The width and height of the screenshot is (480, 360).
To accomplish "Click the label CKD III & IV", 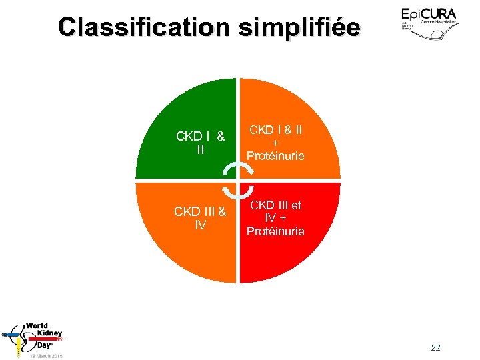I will (x=200, y=219).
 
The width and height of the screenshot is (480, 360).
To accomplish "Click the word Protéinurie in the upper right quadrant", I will (x=275, y=156).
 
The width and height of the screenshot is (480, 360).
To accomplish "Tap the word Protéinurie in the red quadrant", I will (x=275, y=231).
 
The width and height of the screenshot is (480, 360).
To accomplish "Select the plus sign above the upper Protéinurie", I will (x=275, y=143).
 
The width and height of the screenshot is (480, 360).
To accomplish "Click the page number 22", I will (x=436, y=347).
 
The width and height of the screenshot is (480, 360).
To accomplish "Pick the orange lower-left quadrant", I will (x=173, y=260).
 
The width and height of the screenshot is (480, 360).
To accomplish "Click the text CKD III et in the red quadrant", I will (x=275, y=205).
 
